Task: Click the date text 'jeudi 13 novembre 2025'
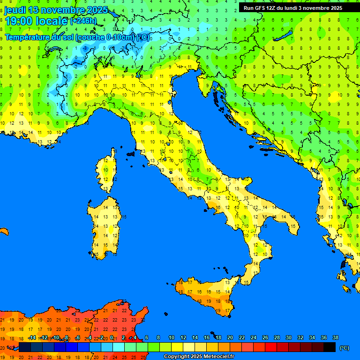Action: pos(56,10)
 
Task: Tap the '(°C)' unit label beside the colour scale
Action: pos(344,348)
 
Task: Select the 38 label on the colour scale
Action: pos(335,337)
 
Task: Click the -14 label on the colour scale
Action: pos(32,337)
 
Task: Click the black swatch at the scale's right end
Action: pos(330,347)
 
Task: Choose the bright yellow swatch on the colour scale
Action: pos(177,347)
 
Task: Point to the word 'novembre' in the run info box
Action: pos(319,8)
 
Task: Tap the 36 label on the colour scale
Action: pos(323,337)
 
